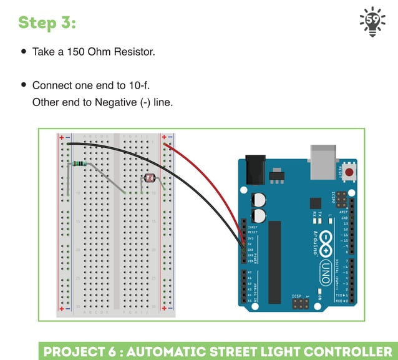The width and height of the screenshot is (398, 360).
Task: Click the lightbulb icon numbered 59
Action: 372,22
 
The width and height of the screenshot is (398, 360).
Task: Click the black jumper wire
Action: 187,181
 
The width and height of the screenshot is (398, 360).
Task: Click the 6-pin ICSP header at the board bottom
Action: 300,304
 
